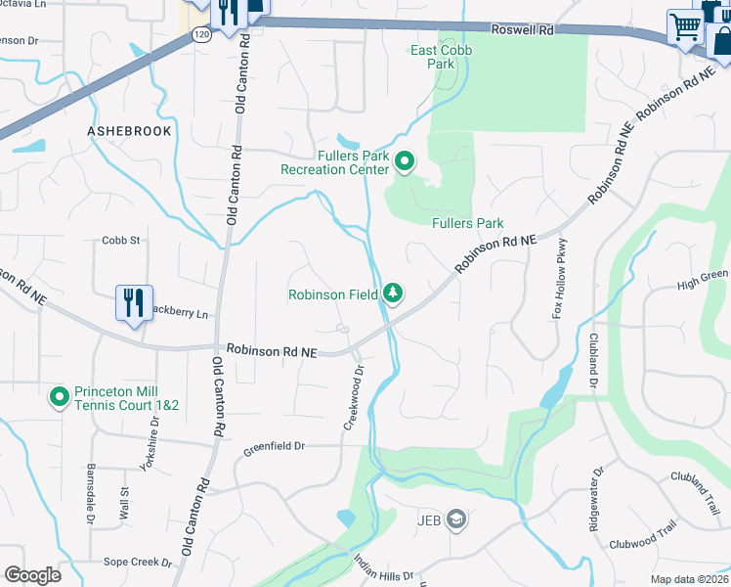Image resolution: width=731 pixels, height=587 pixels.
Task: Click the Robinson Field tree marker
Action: coord(392,293)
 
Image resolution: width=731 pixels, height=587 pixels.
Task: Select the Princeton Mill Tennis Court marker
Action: coord(59,396)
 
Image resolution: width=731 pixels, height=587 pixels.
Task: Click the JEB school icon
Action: coord(455,519)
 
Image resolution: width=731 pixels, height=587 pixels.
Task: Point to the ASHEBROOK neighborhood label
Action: coord(129,131)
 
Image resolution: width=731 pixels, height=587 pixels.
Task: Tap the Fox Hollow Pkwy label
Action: coord(560,279)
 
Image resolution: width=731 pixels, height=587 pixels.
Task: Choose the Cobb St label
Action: coord(121,240)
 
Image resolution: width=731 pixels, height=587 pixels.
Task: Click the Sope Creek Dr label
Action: coord(138,563)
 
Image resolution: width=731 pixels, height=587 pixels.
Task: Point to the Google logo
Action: coord(32,575)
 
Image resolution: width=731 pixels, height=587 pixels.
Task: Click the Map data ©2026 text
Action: coord(689,579)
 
